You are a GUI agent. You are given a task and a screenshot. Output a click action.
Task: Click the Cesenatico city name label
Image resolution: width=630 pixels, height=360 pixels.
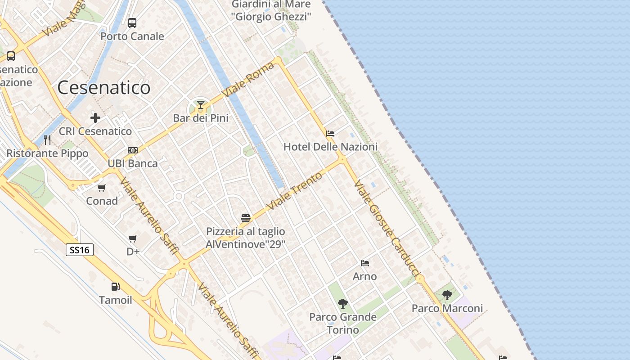(104, 87)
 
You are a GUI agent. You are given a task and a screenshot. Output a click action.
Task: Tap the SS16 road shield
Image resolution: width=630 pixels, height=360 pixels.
(80, 250)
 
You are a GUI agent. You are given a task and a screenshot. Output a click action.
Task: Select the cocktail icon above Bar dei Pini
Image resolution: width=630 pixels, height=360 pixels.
(201, 106)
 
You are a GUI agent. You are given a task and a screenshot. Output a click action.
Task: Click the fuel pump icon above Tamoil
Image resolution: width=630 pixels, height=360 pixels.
(116, 287)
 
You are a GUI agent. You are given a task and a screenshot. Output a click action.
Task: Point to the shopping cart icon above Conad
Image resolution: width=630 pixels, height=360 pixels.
(102, 188)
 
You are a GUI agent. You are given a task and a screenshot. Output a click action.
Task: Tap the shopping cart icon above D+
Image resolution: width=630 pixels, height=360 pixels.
(133, 238)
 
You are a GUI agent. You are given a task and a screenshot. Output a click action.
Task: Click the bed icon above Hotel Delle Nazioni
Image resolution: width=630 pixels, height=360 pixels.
(330, 134)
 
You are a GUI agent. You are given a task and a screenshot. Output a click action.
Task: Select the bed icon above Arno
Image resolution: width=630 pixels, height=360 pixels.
(365, 263)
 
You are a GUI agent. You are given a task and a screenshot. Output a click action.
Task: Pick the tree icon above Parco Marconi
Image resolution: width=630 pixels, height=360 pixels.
(447, 295)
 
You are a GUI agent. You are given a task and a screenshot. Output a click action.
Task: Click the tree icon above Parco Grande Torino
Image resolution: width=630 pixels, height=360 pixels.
(343, 304)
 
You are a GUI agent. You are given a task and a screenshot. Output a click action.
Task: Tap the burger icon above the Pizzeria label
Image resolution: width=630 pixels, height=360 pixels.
(246, 219)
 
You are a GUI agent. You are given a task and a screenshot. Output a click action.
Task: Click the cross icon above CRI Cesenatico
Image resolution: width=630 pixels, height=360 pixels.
(95, 118)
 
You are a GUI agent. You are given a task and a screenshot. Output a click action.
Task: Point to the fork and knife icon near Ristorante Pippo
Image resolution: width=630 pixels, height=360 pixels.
(47, 140)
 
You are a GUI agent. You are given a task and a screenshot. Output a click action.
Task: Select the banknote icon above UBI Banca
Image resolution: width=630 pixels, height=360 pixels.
(133, 150)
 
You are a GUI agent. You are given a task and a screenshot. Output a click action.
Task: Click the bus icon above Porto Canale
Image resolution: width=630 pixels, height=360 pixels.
(132, 23)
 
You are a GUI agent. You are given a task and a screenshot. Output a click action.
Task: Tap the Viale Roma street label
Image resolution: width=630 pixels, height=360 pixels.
(248, 79)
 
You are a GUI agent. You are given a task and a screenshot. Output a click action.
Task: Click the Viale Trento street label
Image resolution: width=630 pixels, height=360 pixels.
(295, 190)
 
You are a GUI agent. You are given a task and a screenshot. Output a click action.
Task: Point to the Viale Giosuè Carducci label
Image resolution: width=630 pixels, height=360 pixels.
(387, 229)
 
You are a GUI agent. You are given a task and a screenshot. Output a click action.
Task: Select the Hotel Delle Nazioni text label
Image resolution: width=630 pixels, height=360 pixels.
(330, 147)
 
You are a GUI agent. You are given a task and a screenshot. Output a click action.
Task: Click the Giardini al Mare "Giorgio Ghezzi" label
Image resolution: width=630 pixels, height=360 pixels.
(271, 11)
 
